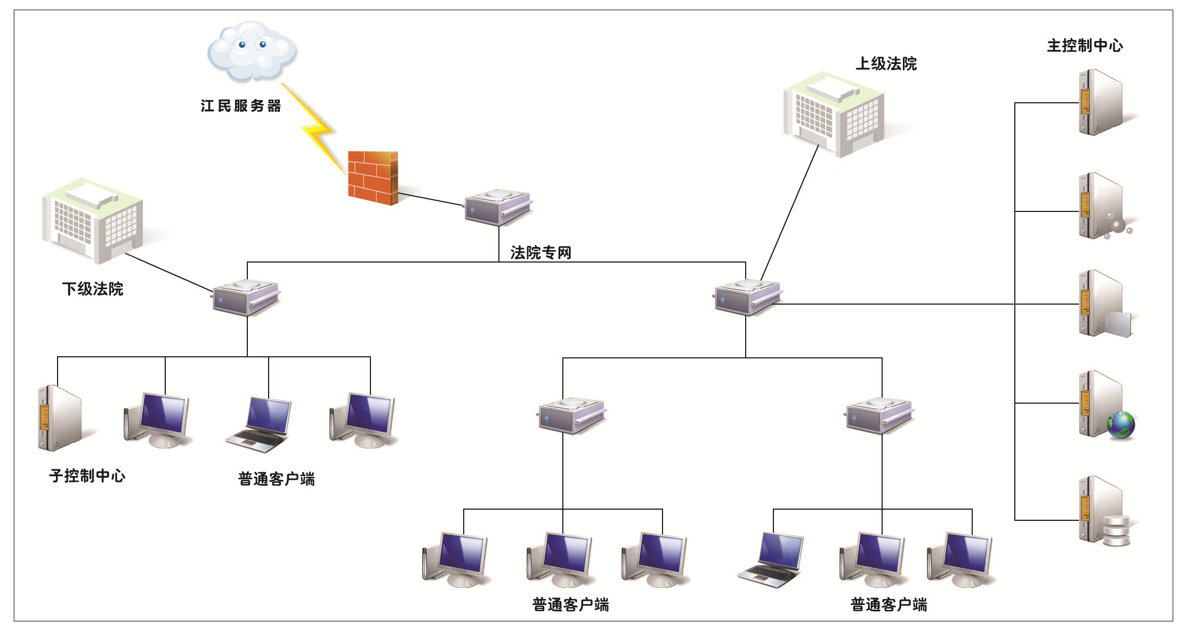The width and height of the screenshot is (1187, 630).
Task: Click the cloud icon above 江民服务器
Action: [251, 51]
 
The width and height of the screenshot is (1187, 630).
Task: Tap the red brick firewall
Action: [373, 177]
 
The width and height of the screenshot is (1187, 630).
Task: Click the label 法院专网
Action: [540, 252]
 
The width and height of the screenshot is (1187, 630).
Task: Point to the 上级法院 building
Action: [834, 114]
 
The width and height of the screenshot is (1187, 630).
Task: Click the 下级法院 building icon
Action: [92, 221]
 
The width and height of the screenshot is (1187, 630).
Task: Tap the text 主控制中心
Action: [1085, 46]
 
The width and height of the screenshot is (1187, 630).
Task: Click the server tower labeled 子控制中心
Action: [59, 418]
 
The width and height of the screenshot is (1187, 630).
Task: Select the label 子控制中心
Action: [87, 476]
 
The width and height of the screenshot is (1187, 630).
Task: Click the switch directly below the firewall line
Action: [498, 207]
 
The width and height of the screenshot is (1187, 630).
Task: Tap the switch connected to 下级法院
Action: [246, 298]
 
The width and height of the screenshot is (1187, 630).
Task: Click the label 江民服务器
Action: [241, 106]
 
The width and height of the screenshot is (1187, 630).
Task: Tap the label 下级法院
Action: [93, 289]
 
